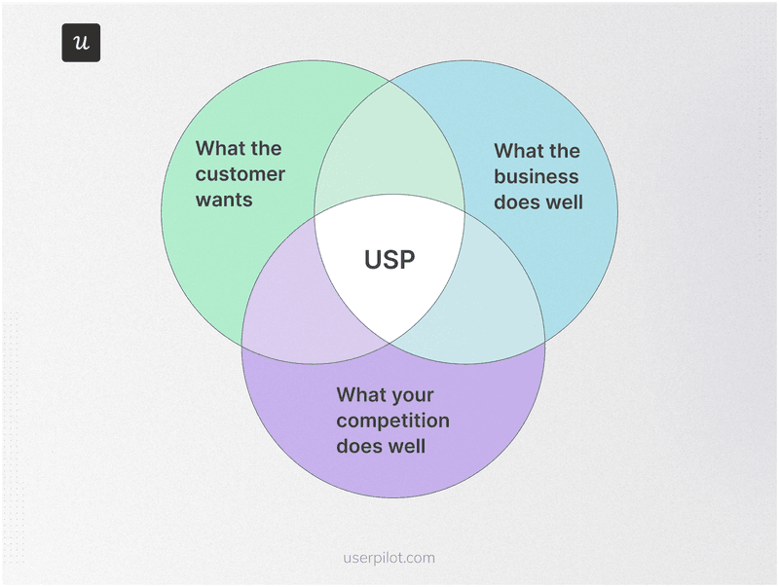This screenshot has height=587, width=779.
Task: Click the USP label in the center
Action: [389, 260]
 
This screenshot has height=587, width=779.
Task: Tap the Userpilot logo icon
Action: [81, 43]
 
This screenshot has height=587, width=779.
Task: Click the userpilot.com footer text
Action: [389, 558]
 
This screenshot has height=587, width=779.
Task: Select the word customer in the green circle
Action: [241, 174]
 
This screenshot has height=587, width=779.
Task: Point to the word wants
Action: [224, 200]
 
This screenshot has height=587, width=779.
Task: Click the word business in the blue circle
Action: [537, 176]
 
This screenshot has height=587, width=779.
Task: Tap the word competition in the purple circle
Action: [393, 421]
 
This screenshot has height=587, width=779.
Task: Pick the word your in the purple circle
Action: [412, 395]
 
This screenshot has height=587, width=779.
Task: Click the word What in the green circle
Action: [218, 148]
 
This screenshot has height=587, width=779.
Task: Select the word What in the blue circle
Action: [517, 151]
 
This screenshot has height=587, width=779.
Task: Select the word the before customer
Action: [267, 148]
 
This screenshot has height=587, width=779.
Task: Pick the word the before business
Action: [565, 151]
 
